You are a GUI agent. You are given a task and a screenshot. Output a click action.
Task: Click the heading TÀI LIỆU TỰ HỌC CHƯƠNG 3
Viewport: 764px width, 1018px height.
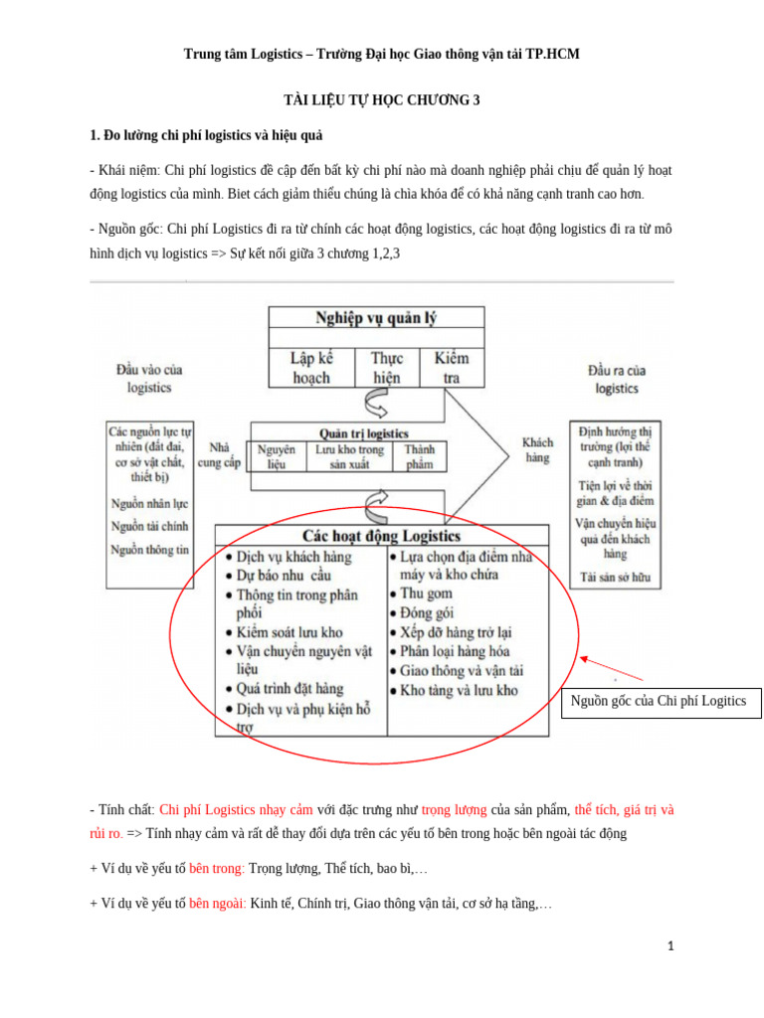pyautogui.click(x=382, y=101)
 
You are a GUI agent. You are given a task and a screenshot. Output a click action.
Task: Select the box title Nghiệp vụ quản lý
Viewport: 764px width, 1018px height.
pyautogui.click(x=376, y=319)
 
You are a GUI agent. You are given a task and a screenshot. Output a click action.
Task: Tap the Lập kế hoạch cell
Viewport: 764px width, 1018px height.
pyautogui.click(x=310, y=367)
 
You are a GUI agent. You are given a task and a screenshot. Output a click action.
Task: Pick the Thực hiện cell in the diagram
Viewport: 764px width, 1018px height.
pyautogui.click(x=387, y=367)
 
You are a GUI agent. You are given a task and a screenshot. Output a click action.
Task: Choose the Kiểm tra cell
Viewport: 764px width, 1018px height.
pyautogui.click(x=451, y=367)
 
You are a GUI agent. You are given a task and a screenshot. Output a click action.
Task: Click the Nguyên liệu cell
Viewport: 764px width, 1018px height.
pyautogui.click(x=276, y=456)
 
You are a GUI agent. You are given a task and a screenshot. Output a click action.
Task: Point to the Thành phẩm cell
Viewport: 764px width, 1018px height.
pyautogui.click(x=420, y=456)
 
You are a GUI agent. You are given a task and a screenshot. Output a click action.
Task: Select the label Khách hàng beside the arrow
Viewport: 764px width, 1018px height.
pyautogui.click(x=538, y=449)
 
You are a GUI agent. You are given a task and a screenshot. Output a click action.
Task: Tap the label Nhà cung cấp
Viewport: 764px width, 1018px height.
pyautogui.click(x=220, y=455)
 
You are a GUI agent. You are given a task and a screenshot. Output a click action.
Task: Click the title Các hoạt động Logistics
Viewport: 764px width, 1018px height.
pyautogui.click(x=381, y=535)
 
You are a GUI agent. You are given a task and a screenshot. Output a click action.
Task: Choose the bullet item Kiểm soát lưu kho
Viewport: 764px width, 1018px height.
pyautogui.click(x=289, y=632)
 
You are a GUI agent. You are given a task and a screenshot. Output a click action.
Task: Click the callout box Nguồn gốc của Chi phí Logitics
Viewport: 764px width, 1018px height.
pyautogui.click(x=659, y=701)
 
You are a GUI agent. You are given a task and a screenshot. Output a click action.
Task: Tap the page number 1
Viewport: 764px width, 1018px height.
pyautogui.click(x=671, y=946)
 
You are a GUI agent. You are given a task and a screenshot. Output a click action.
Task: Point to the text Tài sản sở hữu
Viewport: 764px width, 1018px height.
pyautogui.click(x=615, y=576)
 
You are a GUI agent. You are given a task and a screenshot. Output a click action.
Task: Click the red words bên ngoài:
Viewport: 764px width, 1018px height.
pyautogui.click(x=217, y=904)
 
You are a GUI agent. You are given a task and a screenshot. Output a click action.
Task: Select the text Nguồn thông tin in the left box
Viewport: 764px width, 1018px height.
pyautogui.click(x=150, y=549)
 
